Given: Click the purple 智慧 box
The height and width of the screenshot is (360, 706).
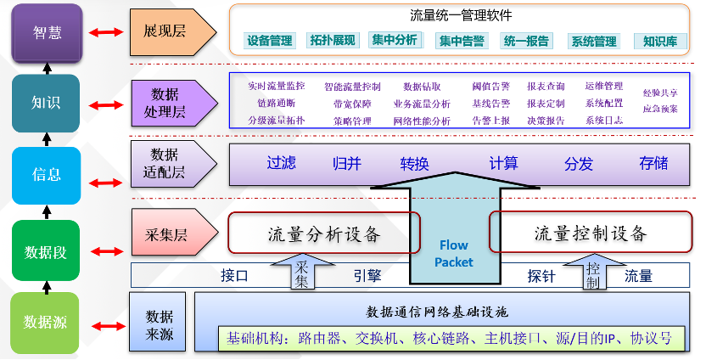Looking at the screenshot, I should pyautogui.click(x=47, y=31).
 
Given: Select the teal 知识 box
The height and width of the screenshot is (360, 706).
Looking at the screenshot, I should pyautogui.click(x=46, y=103).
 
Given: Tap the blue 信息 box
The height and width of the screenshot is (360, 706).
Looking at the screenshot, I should pyautogui.click(x=46, y=175).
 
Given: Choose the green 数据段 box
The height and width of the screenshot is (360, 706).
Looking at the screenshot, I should pyautogui.click(x=46, y=250).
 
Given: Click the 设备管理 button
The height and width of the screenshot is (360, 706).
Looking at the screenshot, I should pyautogui.click(x=270, y=41).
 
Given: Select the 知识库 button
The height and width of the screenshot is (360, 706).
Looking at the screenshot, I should pyautogui.click(x=660, y=41).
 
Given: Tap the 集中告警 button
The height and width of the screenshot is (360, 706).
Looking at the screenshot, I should pyautogui.click(x=462, y=41).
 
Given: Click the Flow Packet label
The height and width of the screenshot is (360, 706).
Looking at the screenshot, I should pyautogui.click(x=454, y=254).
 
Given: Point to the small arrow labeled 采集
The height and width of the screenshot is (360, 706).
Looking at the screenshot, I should pyautogui.click(x=301, y=271).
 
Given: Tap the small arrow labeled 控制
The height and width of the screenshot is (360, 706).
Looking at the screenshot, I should pyautogui.click(x=592, y=273).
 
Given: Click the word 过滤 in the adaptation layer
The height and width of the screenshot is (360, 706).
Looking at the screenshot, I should pyautogui.click(x=281, y=163).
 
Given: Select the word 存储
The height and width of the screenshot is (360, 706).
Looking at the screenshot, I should pyautogui.click(x=653, y=163).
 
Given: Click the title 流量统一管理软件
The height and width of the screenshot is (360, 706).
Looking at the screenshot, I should pyautogui.click(x=461, y=15).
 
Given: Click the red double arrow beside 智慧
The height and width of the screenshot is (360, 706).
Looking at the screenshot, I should pyautogui.click(x=106, y=32).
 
